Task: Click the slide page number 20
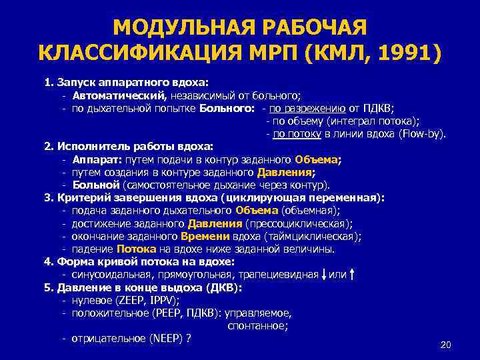(x=446, y=345)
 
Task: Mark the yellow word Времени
(x=204, y=236)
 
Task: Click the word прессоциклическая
(x=298, y=223)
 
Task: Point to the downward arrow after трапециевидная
(x=323, y=274)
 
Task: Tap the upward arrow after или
(x=351, y=274)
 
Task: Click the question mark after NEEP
(x=189, y=338)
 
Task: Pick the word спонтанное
(x=257, y=325)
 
